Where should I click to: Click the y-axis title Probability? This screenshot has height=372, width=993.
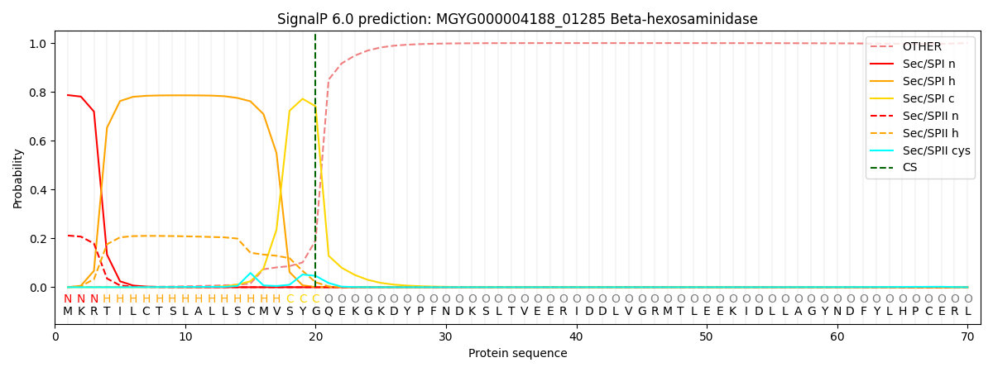pos(18,178)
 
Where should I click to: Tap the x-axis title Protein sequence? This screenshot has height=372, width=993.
pos(517,354)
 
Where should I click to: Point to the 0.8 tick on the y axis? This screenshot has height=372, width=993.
pos(38,93)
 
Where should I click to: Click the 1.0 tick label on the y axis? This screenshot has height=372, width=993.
pos(38,44)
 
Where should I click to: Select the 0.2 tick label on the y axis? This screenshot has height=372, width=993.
pos(38,239)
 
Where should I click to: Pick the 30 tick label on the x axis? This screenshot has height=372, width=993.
pos(446,336)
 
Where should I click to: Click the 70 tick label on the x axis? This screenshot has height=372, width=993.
pos(967,336)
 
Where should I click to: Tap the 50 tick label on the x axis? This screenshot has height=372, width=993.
pos(707,336)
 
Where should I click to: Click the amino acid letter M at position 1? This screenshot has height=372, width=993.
pos(68,312)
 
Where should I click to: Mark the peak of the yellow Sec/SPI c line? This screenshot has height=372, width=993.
pos(302,99)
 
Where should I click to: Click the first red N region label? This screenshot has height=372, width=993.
pos(68,299)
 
